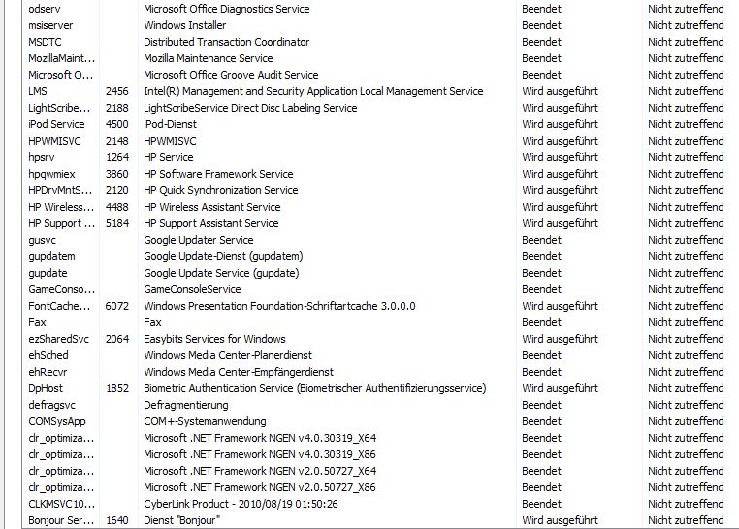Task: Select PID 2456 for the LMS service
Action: [117, 91]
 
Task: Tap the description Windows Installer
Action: [185, 25]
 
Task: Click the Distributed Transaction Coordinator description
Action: [227, 42]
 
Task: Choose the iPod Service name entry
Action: [56, 124]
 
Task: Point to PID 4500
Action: [117, 124]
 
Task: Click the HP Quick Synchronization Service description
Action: [221, 190]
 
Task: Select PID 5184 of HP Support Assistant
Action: [117, 223]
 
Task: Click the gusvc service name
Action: [45, 240]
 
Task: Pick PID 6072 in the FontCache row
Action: [117, 306]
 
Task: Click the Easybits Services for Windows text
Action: [214, 339]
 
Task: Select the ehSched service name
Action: [48, 355]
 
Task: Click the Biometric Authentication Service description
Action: [314, 388]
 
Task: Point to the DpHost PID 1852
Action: [117, 388]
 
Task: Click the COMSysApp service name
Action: [57, 421]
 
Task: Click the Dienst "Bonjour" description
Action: [182, 520]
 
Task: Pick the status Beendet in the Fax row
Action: [541, 322]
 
